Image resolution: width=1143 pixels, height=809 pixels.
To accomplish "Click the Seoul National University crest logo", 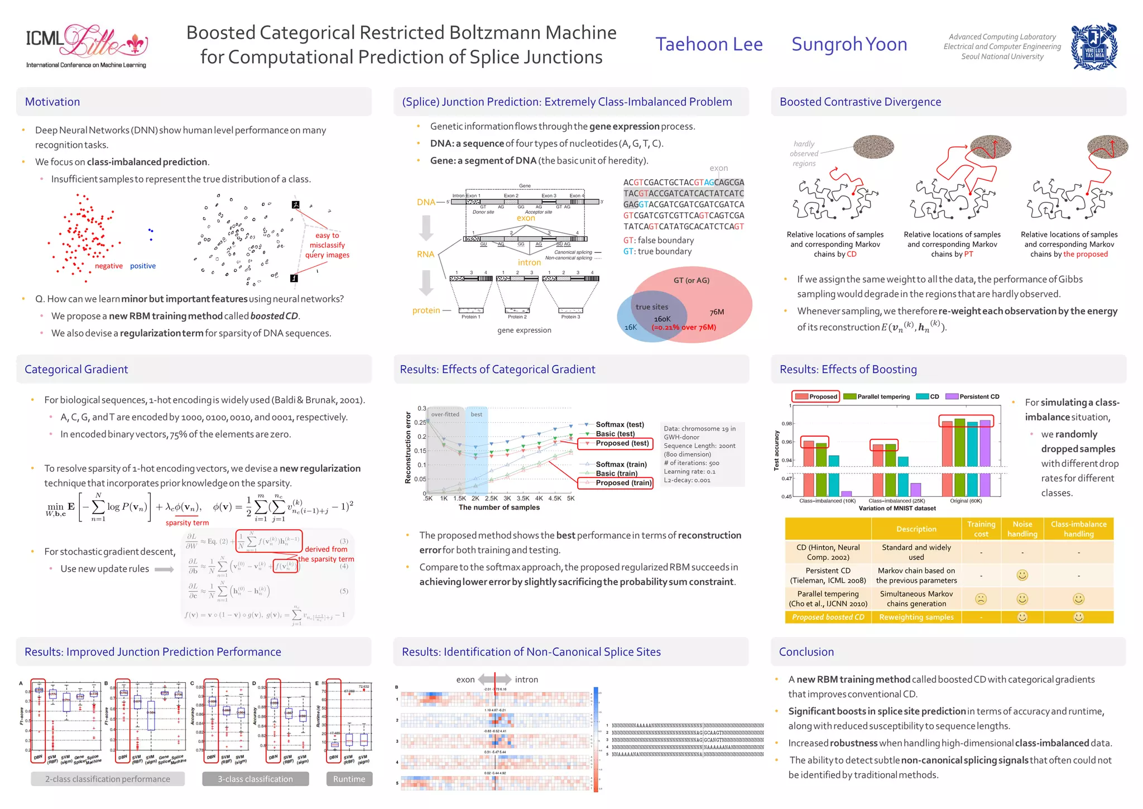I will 1094,47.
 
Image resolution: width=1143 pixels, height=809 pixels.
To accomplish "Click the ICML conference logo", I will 87,46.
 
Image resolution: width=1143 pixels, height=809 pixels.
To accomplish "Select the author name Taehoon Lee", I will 709,44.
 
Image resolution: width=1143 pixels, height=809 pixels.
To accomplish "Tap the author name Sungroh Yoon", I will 849,44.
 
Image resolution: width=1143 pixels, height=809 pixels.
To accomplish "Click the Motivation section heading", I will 52,102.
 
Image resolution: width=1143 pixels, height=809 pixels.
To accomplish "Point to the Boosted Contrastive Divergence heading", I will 860,102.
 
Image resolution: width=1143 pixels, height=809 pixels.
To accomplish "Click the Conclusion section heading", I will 806,652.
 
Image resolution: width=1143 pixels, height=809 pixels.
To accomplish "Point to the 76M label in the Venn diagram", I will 717,312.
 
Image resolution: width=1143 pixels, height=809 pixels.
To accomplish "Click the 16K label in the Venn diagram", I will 631,327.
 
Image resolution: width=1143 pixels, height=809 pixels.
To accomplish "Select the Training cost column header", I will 981,529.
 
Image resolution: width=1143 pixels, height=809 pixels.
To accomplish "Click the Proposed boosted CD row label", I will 828,617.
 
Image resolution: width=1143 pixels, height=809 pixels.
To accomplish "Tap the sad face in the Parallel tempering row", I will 981,599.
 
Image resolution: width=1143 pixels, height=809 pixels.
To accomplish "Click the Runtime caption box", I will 349,779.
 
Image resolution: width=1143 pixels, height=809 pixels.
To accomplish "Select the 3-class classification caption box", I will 255,779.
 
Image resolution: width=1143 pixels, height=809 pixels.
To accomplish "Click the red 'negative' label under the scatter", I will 109,266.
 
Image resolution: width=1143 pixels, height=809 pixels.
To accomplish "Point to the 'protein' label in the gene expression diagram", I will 426,310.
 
